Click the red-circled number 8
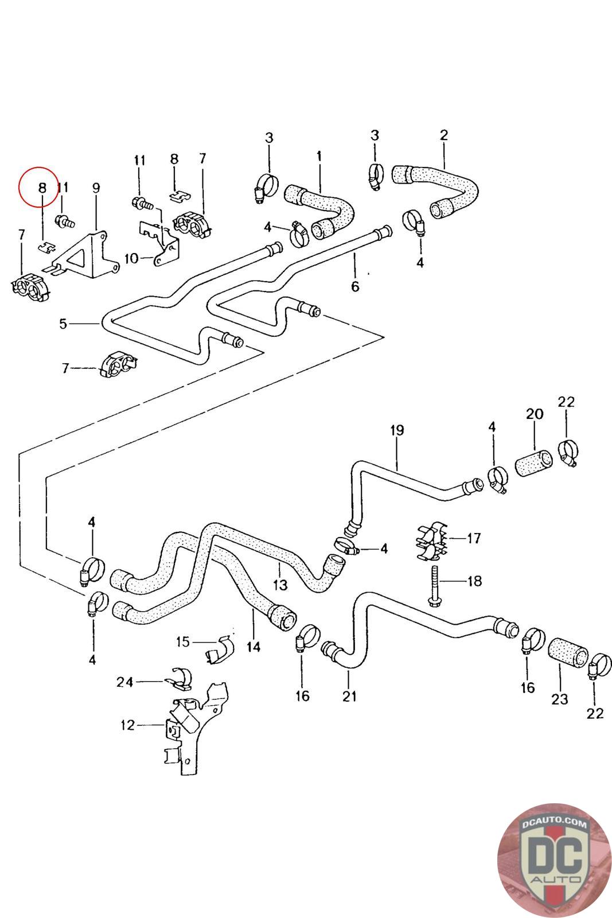pyautogui.click(x=41, y=187)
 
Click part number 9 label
pyautogui.click(x=96, y=187)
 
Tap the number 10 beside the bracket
pyautogui.click(x=131, y=258)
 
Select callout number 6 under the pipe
pyautogui.click(x=355, y=286)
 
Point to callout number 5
pyautogui.click(x=63, y=324)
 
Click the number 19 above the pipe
pyautogui.click(x=397, y=430)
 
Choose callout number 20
pyautogui.click(x=535, y=414)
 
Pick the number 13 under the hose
pyautogui.click(x=280, y=585)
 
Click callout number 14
pyautogui.click(x=254, y=647)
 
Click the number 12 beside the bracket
pyautogui.click(x=127, y=725)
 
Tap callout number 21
pyautogui.click(x=349, y=696)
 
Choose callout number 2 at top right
pyautogui.click(x=443, y=135)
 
